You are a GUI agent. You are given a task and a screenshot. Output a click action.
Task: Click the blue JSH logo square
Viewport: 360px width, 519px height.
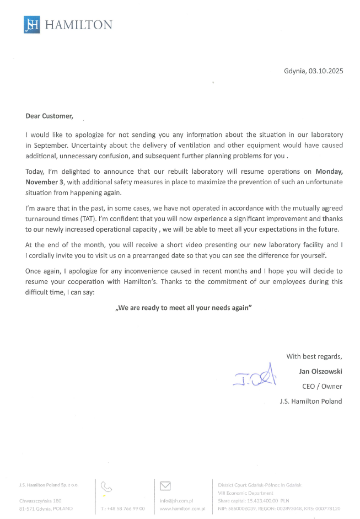31,25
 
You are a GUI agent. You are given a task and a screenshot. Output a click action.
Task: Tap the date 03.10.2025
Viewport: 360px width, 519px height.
326,71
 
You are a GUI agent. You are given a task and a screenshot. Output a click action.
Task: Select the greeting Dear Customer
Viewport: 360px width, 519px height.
49,116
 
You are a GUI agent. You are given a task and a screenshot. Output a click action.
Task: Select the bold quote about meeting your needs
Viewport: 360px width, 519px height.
183,308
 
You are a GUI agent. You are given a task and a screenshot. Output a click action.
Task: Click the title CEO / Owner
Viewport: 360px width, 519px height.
323,386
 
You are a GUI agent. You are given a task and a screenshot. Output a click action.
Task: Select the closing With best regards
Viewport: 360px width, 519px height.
314,356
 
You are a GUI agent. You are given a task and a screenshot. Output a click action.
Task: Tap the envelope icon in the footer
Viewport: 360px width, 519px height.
165,486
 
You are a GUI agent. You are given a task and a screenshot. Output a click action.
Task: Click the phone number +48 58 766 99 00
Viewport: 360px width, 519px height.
123,509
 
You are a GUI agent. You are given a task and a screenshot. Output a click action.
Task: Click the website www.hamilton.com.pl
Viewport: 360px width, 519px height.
182,509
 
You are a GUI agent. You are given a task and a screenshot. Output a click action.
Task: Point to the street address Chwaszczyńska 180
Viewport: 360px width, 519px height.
40,501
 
